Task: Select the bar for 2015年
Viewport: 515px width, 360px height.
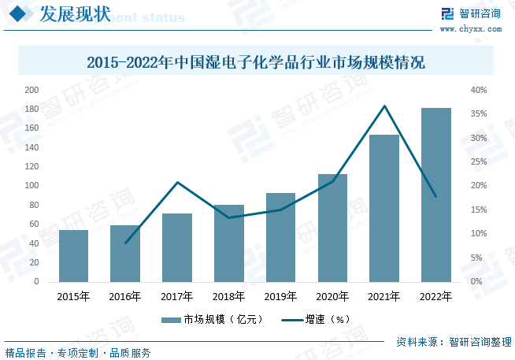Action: tap(73, 255)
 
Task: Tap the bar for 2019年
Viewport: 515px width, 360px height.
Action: tap(280, 237)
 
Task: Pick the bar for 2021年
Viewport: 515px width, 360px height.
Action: tap(384, 208)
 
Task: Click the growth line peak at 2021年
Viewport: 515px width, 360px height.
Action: tap(384, 106)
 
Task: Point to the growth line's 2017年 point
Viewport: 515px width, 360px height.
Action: tap(177, 183)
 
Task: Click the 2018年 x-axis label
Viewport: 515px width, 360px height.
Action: tap(228, 296)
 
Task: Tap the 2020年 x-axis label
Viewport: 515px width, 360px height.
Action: tap(332, 296)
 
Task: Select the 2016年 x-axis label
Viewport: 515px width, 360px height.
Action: tap(125, 296)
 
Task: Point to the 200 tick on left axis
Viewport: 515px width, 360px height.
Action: tap(31, 90)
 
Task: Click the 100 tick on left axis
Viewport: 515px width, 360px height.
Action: tap(31, 186)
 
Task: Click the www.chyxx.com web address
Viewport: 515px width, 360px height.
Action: tap(470, 29)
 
